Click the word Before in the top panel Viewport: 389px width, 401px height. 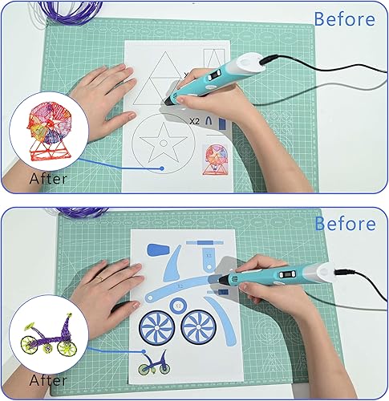click(344, 18)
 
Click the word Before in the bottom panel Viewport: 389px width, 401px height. click(344, 223)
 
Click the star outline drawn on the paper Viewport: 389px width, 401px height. click(166, 144)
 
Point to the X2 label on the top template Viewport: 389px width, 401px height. click(195, 121)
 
